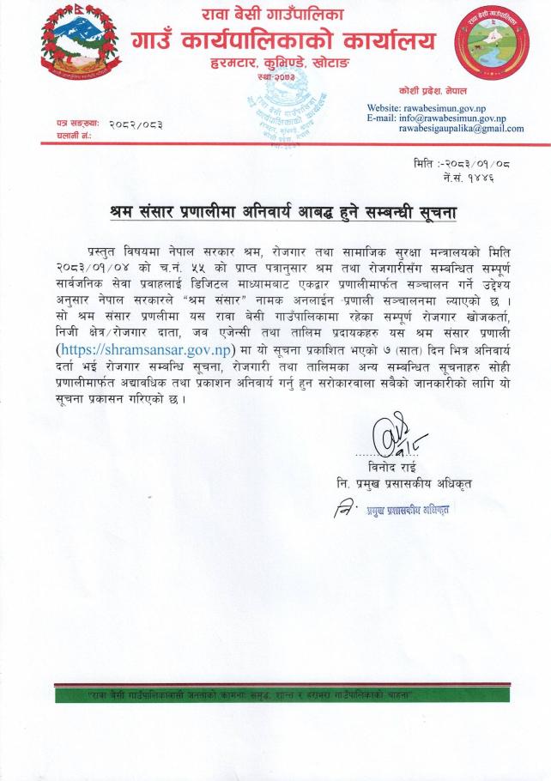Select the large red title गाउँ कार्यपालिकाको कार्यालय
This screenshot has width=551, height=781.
point(283,40)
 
